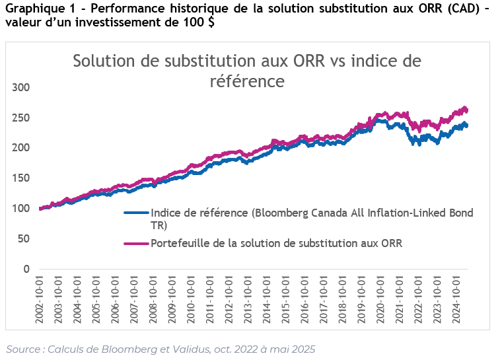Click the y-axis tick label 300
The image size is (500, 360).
(22, 88)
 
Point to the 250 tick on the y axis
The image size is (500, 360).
(22, 118)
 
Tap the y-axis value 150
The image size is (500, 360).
(22, 178)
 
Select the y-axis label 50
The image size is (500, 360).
(24, 239)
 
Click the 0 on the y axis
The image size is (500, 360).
(27, 270)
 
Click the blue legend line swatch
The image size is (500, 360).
(136, 213)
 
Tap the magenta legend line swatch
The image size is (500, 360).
(136, 243)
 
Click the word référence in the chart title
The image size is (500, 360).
(246, 81)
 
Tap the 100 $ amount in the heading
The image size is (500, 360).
(199, 22)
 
